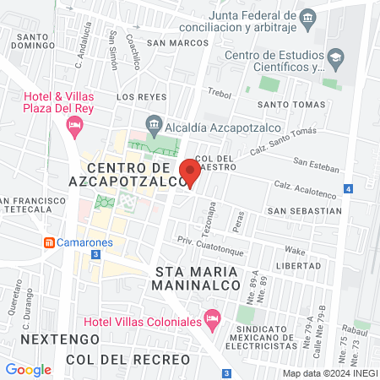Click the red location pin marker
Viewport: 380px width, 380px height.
[x=189, y=171]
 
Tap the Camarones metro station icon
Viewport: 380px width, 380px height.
[x=50, y=242]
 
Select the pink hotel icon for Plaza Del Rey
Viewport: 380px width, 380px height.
[x=74, y=126]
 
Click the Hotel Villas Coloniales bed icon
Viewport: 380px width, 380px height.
[x=213, y=321]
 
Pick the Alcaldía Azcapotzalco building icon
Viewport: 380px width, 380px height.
[x=155, y=124]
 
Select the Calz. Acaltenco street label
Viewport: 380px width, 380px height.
[x=300, y=187]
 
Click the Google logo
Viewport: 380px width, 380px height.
[x=28, y=369]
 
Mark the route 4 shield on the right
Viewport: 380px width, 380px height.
[x=348, y=188]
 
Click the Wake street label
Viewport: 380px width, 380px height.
[x=295, y=251]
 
